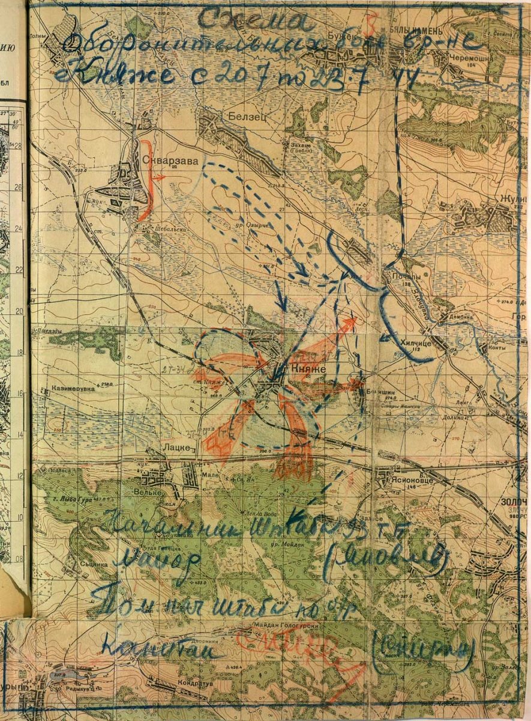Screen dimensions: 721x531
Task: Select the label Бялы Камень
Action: click(x=410, y=31)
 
